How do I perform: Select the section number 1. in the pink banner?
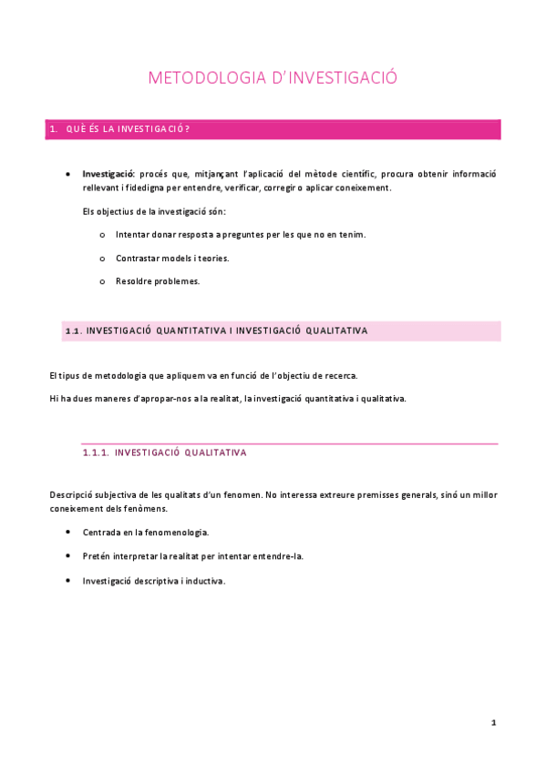[x=54, y=129]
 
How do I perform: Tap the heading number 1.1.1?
[x=96, y=452]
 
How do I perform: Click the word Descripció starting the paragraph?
[x=72, y=494]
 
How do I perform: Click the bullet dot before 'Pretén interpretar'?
[x=69, y=555]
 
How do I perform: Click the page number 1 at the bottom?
[x=493, y=722]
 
